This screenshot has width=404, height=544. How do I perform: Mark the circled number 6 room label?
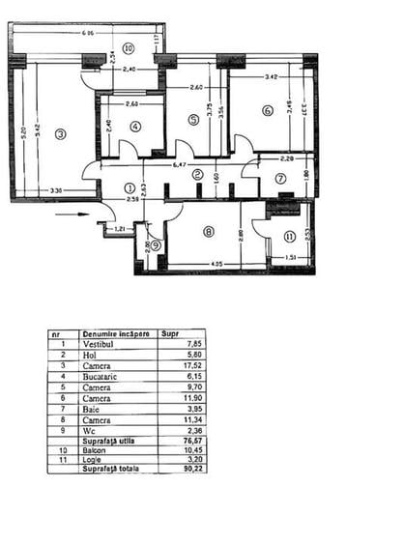pyautogui.click(x=266, y=110)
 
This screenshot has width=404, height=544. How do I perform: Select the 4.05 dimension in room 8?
pyautogui.click(x=216, y=262)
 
